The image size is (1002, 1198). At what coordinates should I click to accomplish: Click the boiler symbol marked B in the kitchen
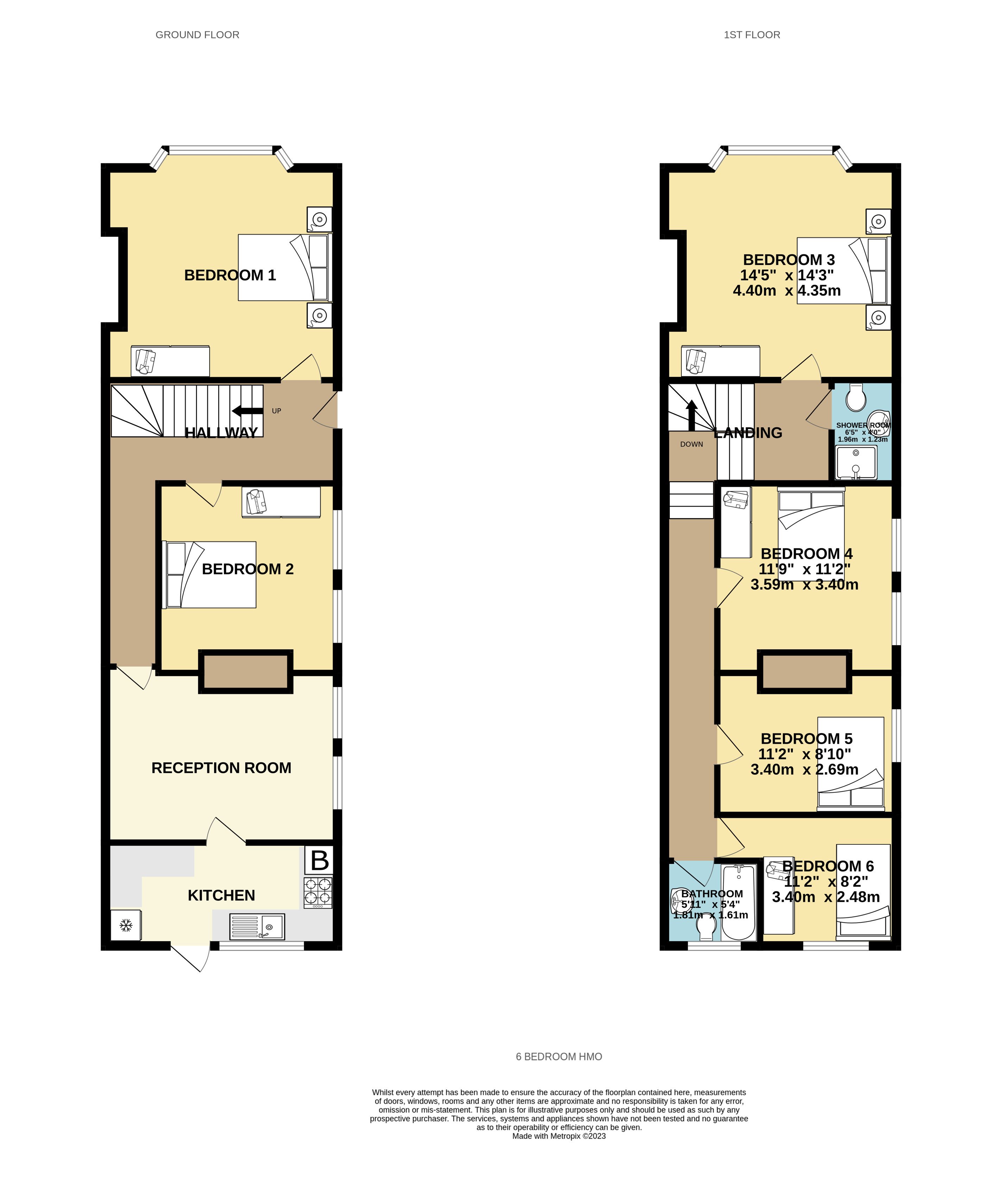[319, 860]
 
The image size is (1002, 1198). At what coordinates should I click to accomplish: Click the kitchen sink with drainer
[257, 926]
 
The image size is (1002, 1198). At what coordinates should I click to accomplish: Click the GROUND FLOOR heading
[197, 35]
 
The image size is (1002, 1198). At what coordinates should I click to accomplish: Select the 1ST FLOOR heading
[751, 35]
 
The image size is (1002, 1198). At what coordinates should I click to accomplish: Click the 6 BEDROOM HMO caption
[559, 1057]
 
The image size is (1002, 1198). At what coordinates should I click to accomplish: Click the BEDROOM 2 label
[248, 569]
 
